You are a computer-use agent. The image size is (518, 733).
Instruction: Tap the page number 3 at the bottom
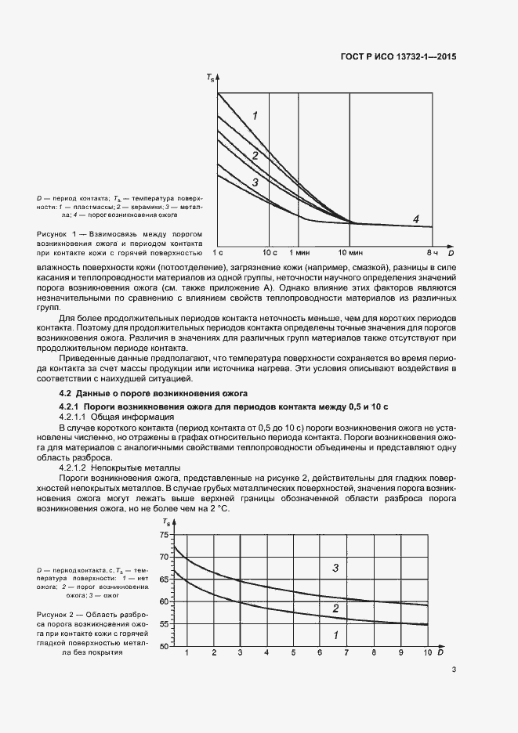455,670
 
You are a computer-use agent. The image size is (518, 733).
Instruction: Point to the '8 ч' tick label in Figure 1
431,253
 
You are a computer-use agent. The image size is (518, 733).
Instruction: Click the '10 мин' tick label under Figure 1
350,253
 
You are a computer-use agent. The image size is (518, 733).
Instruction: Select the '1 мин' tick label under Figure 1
299,253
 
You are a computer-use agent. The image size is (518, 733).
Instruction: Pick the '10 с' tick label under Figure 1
270,253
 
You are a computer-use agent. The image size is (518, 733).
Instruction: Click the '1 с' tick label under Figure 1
219,253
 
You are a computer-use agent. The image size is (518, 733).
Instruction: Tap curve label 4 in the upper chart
417,218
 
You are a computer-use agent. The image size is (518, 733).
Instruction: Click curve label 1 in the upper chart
255,116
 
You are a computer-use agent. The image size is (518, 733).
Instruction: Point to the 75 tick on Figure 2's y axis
164,535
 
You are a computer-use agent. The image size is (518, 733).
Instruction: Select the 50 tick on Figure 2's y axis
164,647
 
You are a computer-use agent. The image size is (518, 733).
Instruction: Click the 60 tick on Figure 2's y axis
164,602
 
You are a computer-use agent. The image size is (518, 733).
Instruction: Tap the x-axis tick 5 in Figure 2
293,652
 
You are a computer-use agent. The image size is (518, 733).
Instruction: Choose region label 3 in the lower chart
335,568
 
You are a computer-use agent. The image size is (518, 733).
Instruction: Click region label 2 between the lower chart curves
335,608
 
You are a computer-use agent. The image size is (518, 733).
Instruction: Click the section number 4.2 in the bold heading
66,392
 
